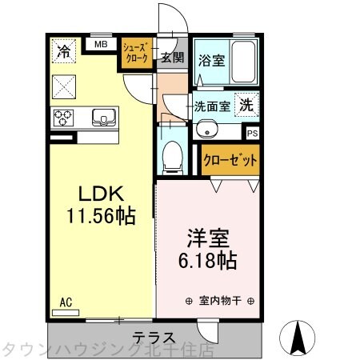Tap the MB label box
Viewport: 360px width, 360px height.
click(x=101, y=45)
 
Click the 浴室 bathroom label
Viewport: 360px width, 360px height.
click(x=210, y=60)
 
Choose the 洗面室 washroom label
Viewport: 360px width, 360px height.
click(x=212, y=105)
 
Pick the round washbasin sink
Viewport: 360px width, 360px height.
click(x=206, y=128)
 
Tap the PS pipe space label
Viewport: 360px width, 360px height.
click(x=253, y=134)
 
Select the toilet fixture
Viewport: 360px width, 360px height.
click(x=172, y=156)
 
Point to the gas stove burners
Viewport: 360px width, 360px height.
click(x=64, y=118)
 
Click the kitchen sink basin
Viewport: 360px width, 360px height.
click(x=103, y=118)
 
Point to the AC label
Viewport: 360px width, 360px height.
click(x=66, y=302)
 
